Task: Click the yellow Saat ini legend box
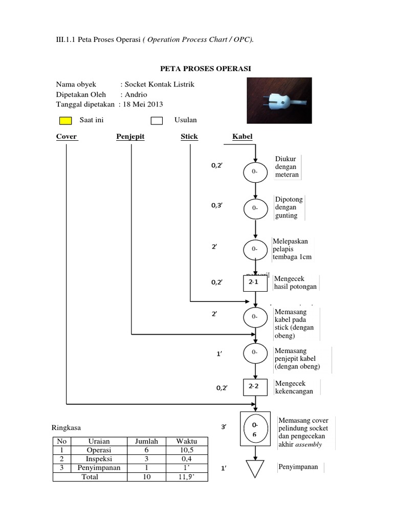[65, 121]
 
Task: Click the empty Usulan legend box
[157, 121]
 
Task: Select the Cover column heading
[67, 137]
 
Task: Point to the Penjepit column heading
[130, 137]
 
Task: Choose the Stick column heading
[189, 137]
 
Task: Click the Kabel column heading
[243, 137]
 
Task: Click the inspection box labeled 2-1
[254, 282]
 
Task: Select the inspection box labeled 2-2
[254, 386]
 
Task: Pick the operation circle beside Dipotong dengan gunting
[254, 208]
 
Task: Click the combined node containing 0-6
[254, 429]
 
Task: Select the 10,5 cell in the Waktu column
[185, 450]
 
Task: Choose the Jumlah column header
[146, 441]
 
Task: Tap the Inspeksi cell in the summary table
[99, 459]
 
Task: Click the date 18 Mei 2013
[142, 104]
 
